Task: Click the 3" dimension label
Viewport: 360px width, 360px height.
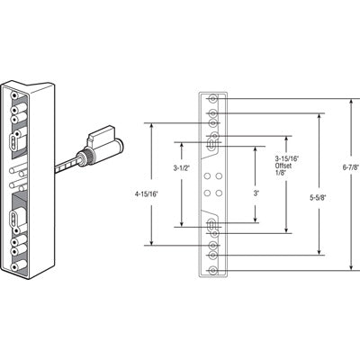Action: [257, 193]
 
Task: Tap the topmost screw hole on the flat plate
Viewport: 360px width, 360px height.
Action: [212, 98]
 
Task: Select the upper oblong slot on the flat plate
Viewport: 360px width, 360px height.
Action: [212, 142]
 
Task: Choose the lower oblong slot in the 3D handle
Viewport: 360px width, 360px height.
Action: [17, 217]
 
